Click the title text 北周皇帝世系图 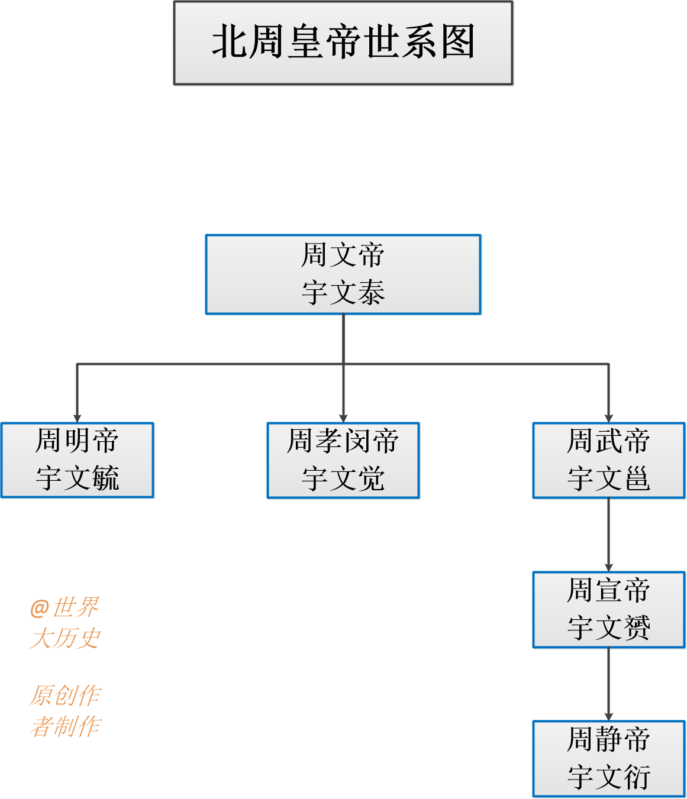point(343,42)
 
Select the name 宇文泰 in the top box point(343,293)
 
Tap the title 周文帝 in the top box point(343,255)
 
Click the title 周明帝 point(77,441)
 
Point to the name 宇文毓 point(77,478)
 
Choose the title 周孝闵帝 point(343,441)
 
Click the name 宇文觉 point(343,478)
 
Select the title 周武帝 point(608,441)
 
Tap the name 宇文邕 point(608,478)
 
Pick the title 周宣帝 point(608,590)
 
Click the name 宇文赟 point(608,627)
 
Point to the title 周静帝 point(608,739)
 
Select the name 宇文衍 point(608,777)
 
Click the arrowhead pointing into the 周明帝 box point(77,418)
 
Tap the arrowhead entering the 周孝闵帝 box point(343,418)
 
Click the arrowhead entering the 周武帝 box point(608,418)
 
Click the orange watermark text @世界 point(64,607)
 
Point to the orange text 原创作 point(65,696)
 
